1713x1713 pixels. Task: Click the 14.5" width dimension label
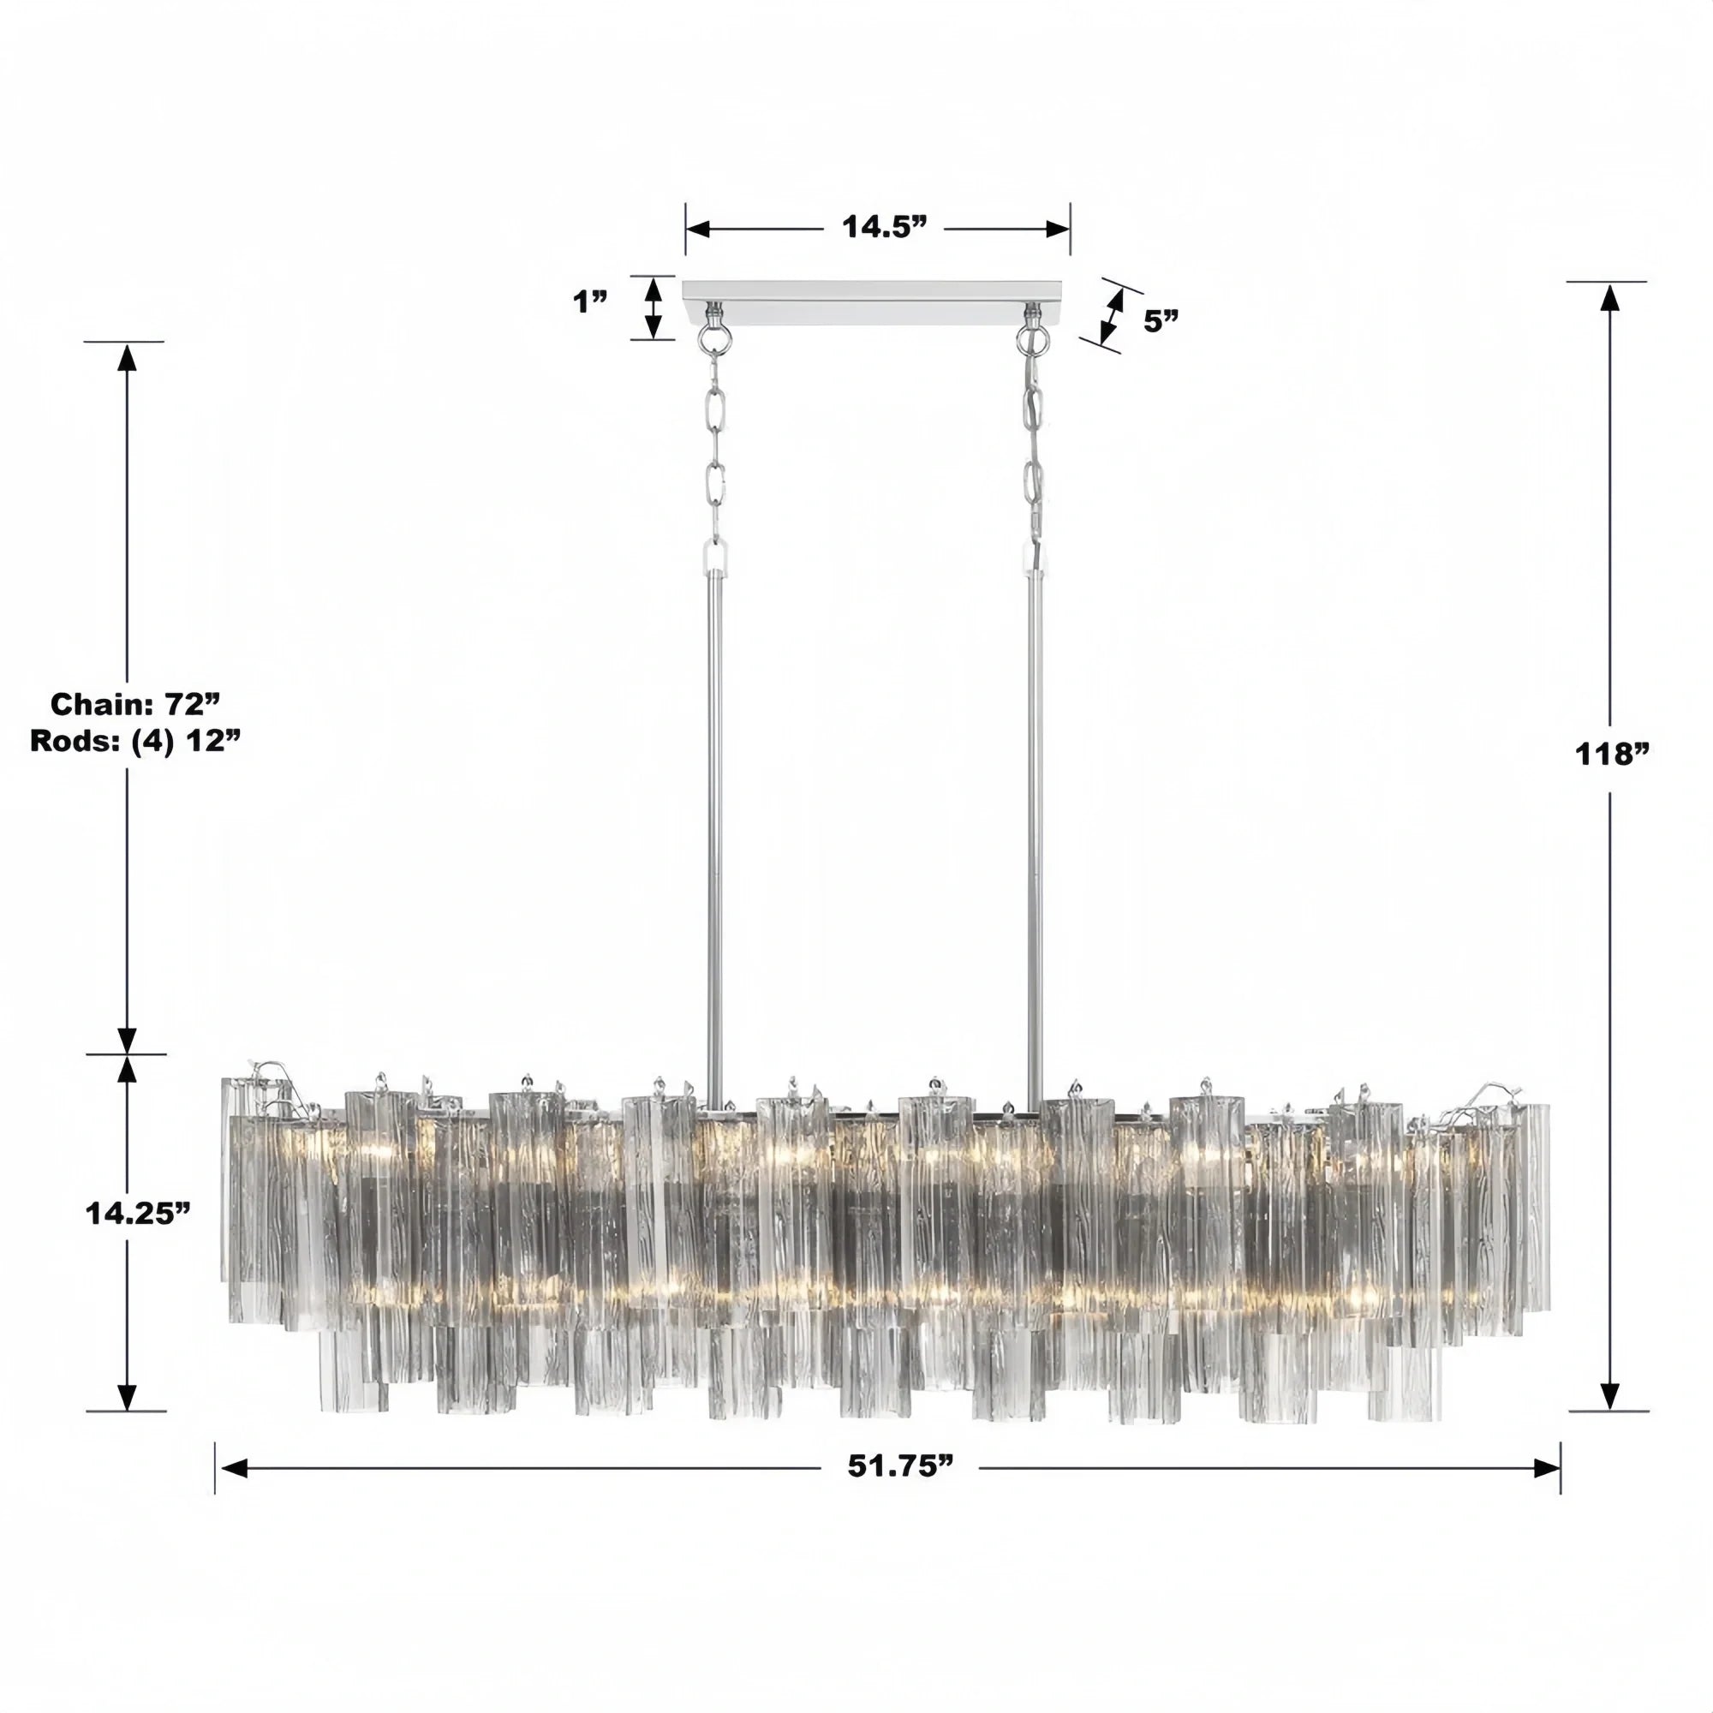(x=884, y=228)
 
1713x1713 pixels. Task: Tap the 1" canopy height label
(x=589, y=302)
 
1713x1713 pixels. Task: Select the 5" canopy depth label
(x=1161, y=321)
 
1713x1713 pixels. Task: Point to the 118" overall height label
(x=1611, y=755)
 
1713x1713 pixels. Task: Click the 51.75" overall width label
(x=900, y=1465)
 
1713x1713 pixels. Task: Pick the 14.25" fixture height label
(x=138, y=1214)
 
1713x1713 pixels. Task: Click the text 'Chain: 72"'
(x=134, y=704)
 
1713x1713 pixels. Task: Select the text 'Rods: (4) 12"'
(x=135, y=740)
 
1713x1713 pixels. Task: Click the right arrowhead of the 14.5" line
(x=1059, y=229)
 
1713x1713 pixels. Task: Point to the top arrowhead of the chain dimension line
(x=127, y=357)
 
